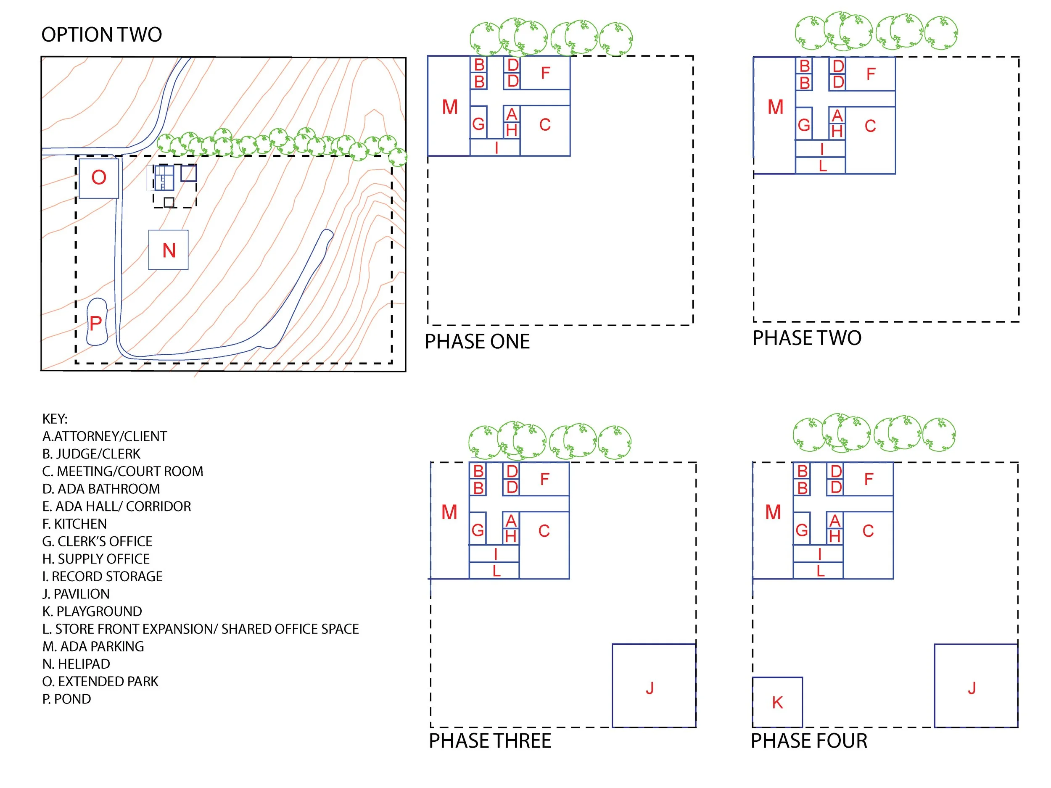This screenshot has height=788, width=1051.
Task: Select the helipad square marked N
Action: click(x=168, y=250)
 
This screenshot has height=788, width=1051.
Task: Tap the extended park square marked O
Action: click(x=99, y=178)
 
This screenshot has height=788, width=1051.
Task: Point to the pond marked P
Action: click(x=97, y=322)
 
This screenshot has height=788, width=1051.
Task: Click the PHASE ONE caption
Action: click(x=477, y=342)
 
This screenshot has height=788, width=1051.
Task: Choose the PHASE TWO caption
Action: click(x=807, y=338)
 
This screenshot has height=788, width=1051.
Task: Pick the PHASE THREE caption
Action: click(x=490, y=741)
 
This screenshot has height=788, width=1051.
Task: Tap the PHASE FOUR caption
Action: click(x=809, y=741)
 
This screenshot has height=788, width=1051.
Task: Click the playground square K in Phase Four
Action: click(x=777, y=702)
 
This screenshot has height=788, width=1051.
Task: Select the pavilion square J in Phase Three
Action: click(x=654, y=685)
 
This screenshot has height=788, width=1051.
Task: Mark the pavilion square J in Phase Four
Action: click(x=976, y=685)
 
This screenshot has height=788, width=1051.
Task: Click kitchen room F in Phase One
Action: click(x=545, y=73)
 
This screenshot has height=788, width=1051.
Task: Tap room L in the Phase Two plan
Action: click(x=821, y=165)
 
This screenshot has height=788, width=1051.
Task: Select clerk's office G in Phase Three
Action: click(x=478, y=529)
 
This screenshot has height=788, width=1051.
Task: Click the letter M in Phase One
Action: click(x=449, y=107)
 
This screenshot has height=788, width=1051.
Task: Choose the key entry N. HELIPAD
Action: click(x=76, y=664)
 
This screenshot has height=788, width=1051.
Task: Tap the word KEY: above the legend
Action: click(x=55, y=419)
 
